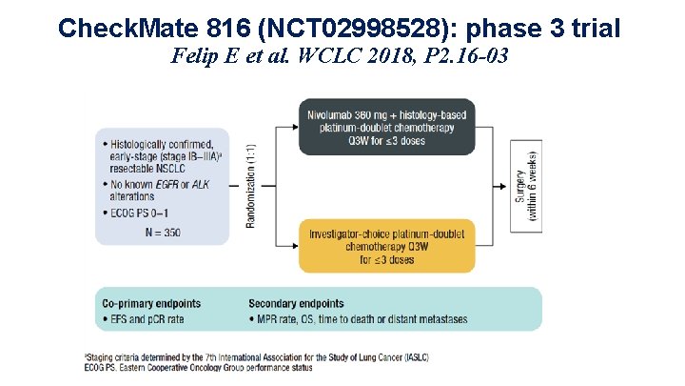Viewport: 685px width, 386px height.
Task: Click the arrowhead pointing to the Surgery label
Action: tap(507, 185)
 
